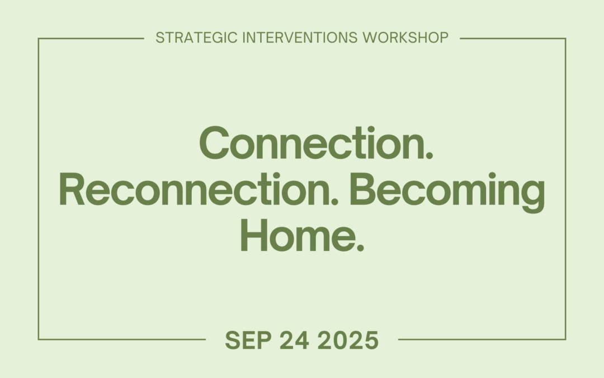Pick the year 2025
click(348, 340)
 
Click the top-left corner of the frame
click(39, 39)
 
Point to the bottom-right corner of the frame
click(565, 339)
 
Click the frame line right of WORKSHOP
click(512, 39)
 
